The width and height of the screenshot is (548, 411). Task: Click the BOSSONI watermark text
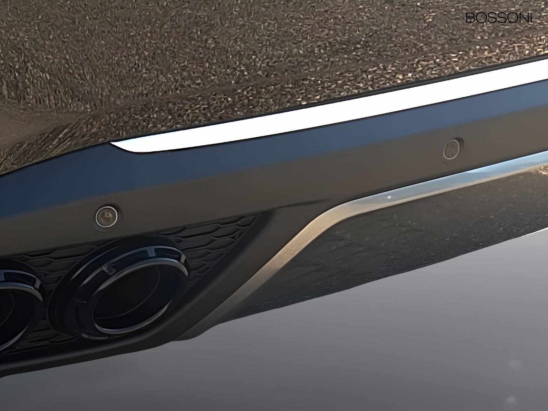tap(499, 18)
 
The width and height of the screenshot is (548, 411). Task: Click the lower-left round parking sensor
tap(107, 217)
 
